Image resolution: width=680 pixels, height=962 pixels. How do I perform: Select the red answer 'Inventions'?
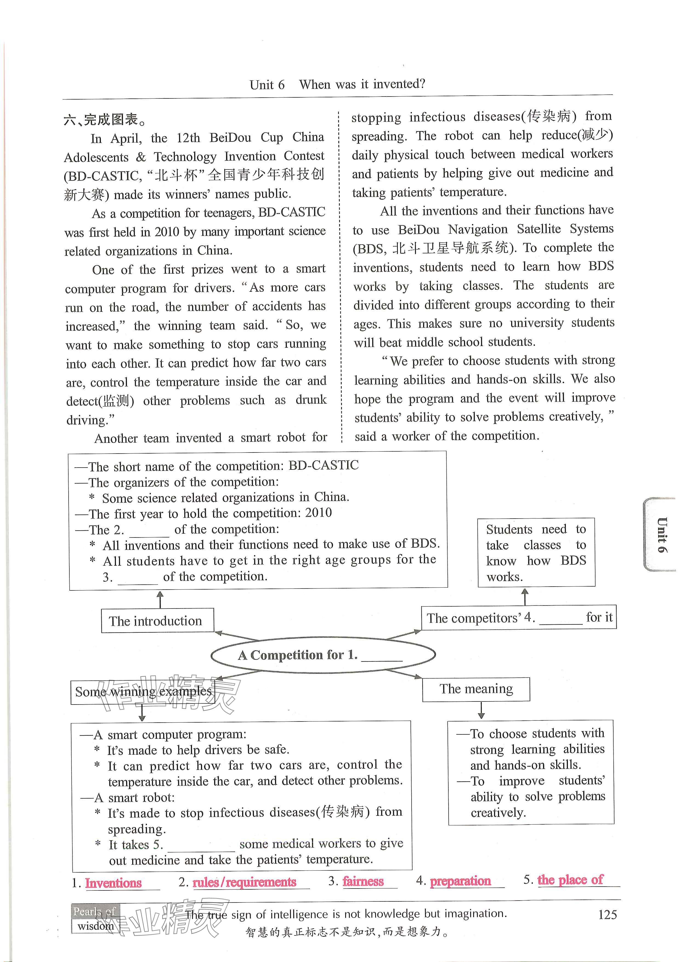point(114,883)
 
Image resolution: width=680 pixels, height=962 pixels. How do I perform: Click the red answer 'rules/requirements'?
point(244,882)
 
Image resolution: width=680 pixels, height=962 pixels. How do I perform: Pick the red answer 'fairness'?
point(363,881)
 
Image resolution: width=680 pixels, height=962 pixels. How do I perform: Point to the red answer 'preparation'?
point(460,881)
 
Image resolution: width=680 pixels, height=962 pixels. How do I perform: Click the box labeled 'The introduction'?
point(157,621)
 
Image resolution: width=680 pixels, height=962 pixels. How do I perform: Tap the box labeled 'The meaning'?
point(476,689)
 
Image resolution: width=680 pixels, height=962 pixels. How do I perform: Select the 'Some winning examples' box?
point(143,692)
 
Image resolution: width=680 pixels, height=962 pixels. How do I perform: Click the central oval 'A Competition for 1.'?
point(323,655)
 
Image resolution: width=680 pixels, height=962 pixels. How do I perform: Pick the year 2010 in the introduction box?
point(318,513)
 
